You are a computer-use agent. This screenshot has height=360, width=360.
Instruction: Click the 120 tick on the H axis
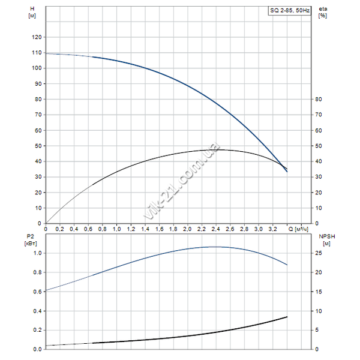coord(37,37)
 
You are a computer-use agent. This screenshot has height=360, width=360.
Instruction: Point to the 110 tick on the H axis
coord(37,53)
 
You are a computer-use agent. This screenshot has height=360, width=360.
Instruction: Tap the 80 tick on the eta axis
coord(319,100)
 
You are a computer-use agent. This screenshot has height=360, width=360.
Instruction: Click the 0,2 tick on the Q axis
coord(60,229)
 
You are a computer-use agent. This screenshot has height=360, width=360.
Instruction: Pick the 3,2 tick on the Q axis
coord(272,229)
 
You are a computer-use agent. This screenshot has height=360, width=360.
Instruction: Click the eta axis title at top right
coord(323,11)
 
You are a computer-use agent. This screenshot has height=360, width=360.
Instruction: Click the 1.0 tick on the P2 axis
coord(37,253)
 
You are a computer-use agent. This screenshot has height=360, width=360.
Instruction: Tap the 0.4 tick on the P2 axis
coord(37,311)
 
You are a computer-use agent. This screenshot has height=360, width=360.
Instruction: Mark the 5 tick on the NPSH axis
coord(318,330)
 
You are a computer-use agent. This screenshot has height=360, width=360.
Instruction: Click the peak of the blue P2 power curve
coord(214,247)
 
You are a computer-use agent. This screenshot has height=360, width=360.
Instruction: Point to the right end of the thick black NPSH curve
coord(287,316)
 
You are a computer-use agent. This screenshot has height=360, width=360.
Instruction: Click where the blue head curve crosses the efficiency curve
coord(284,166)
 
